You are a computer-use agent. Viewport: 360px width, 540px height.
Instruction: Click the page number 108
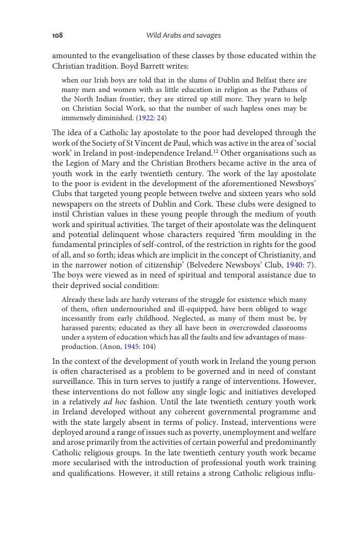[58, 35]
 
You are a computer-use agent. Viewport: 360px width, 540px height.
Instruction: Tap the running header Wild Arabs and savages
[183, 35]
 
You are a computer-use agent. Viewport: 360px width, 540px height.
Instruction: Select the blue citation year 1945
[131, 347]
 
